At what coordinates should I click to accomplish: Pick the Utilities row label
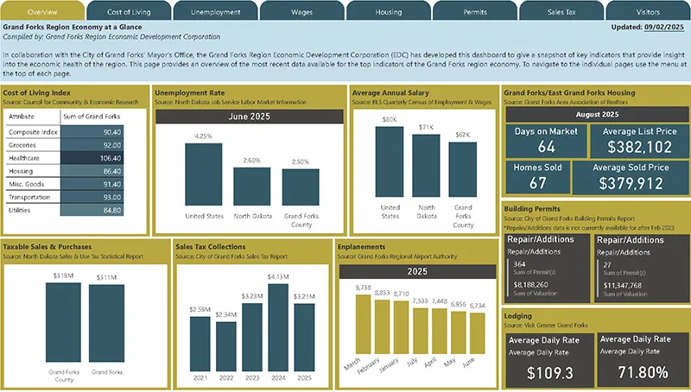pyautogui.click(x=22, y=210)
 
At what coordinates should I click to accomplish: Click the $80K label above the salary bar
pyautogui.click(x=390, y=119)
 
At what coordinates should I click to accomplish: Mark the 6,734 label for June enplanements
pyautogui.click(x=477, y=306)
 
